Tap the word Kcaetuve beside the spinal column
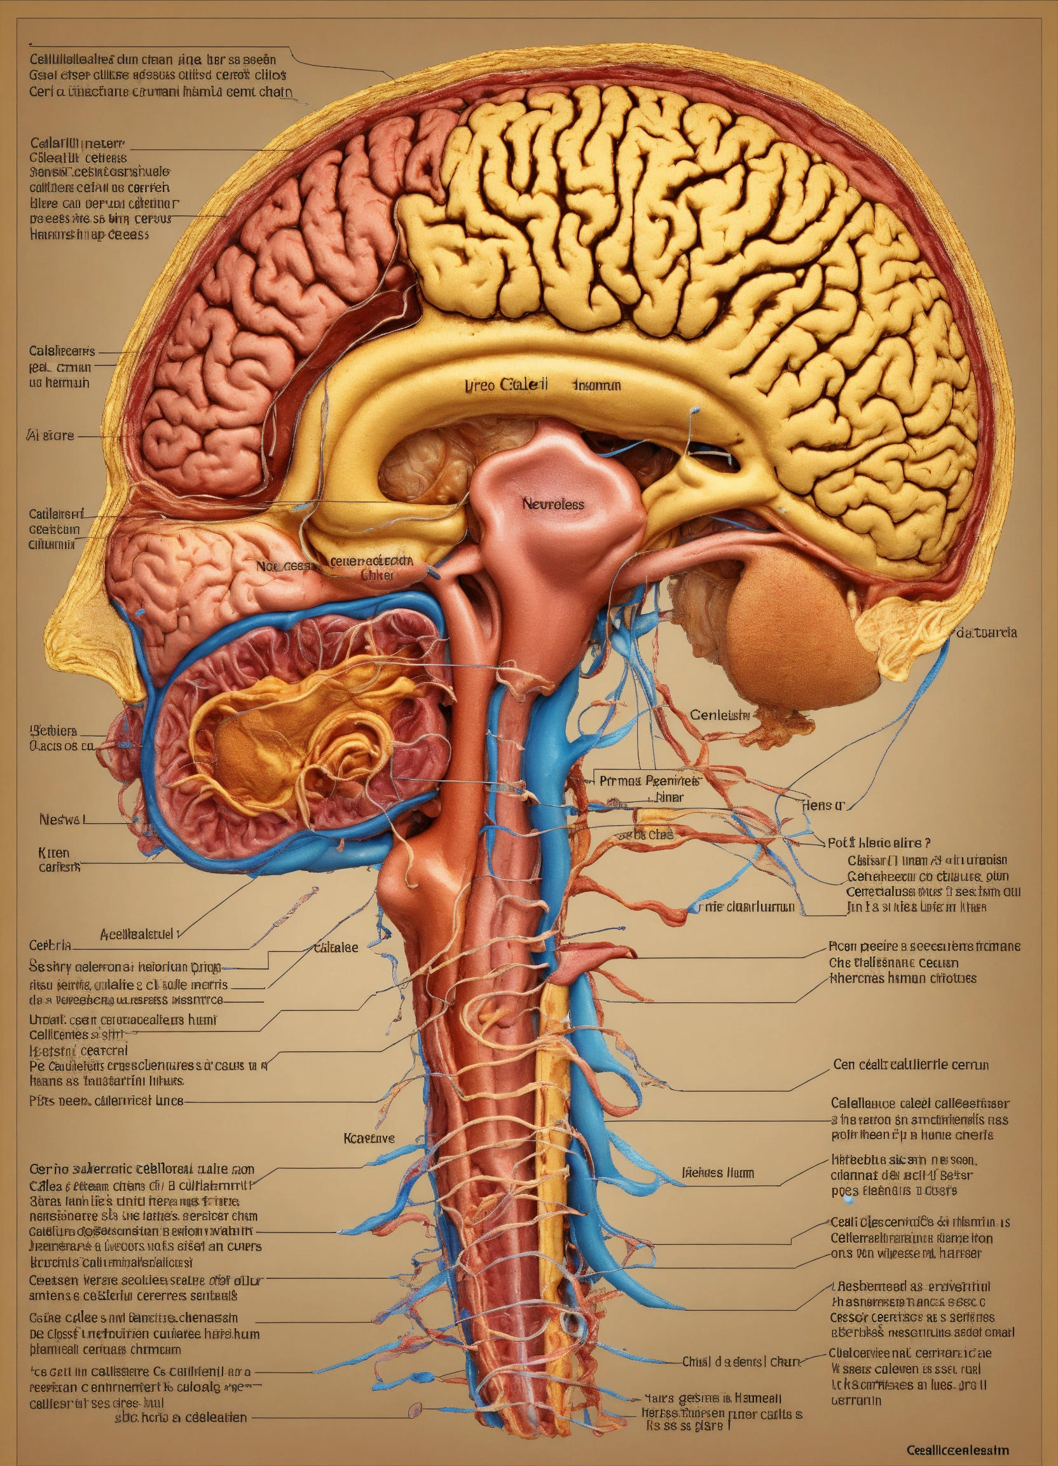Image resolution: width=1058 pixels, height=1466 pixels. coord(369,1138)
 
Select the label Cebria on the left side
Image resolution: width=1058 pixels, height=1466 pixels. coord(50,945)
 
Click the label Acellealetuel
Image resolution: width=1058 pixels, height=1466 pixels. coord(139,933)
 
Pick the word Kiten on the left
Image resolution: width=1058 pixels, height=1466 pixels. coord(53,853)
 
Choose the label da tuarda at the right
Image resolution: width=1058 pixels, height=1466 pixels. coord(986,632)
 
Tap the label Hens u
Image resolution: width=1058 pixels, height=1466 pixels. coord(823,806)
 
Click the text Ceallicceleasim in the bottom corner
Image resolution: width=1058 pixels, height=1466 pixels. coord(958,1450)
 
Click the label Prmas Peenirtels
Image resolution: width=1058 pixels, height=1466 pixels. coord(649,780)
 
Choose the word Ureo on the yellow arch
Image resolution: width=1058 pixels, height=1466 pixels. coord(480,385)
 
